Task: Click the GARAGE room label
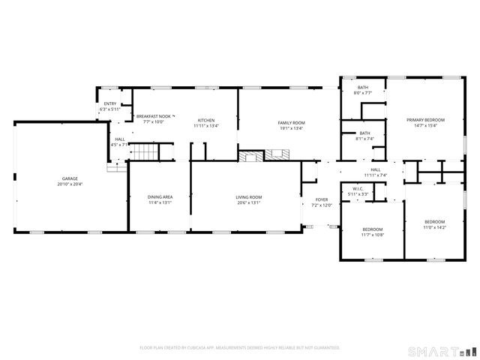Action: tap(69, 178)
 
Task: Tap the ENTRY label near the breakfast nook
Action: tap(109, 103)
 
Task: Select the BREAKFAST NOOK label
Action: tap(154, 116)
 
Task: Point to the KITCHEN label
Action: tap(205, 120)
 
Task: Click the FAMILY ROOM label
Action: tap(291, 122)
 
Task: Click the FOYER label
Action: tap(321, 199)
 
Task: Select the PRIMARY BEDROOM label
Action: tap(425, 120)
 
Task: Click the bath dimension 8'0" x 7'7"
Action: tap(362, 93)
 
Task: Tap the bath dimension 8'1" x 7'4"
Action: tap(364, 138)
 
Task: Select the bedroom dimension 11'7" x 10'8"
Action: tap(373, 235)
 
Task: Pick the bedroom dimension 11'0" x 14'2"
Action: tap(434, 227)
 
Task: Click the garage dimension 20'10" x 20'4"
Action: tap(69, 184)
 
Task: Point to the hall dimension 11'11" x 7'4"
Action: tap(375, 175)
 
